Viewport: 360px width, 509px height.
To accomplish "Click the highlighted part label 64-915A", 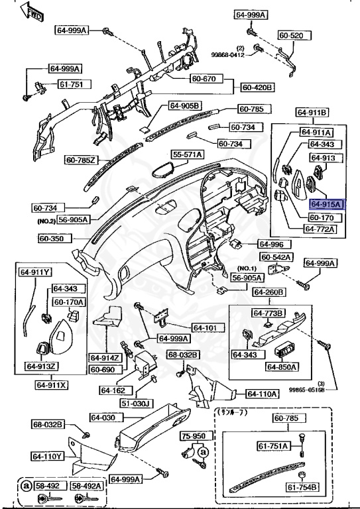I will click(325, 205).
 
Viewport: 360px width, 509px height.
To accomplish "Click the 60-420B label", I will click(258, 87).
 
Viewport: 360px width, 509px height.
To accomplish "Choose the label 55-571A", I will click(188, 154).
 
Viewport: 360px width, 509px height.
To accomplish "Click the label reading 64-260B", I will click(268, 292).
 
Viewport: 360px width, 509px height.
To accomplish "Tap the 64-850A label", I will click(282, 367).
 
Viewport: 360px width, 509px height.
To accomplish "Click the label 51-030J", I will click(137, 403).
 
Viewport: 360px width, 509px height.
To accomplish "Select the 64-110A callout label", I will click(262, 394).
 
